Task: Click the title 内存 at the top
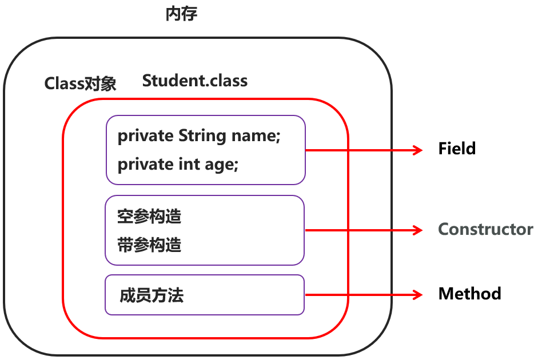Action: [x=181, y=14]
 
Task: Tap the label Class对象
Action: [x=81, y=84]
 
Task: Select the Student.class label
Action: [x=195, y=81]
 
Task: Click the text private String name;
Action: [x=198, y=136]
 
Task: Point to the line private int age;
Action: [x=177, y=165]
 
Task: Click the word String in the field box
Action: [x=203, y=136]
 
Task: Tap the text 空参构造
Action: [x=149, y=217]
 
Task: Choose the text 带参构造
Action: [x=149, y=245]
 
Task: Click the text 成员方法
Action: [x=152, y=295]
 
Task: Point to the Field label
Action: [x=457, y=149]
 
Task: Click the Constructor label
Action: [x=485, y=230]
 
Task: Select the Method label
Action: [x=469, y=294]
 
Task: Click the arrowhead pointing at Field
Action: [x=417, y=150]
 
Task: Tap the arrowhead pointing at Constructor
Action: [x=417, y=230]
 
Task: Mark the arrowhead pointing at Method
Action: [x=417, y=295]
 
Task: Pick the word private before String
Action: [x=145, y=136]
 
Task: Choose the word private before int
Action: [x=145, y=165]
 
